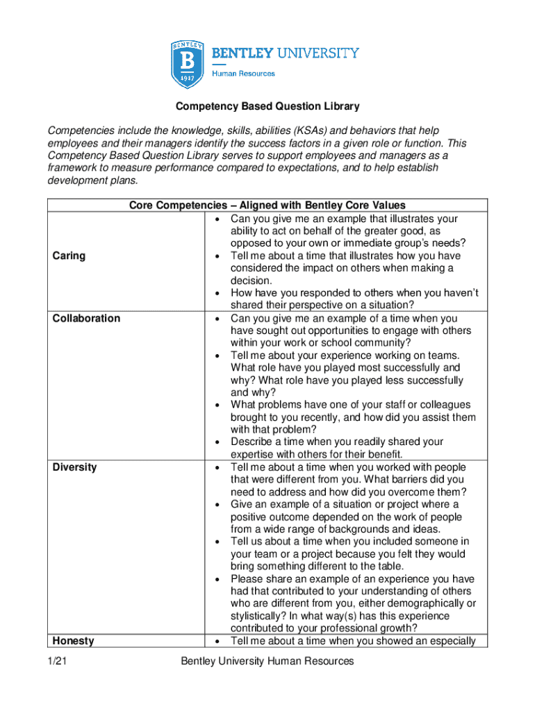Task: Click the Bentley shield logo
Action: pos(188,64)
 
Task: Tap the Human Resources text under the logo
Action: pos(243,74)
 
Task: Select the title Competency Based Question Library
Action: pos(267,107)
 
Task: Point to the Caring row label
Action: pos(69,256)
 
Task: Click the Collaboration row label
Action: pos(86,318)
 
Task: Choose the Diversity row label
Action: pos(75,467)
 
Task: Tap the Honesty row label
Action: pos(73,641)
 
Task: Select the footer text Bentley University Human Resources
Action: pos(267,661)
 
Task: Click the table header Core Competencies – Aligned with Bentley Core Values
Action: pos(267,205)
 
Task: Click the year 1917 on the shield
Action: pos(188,78)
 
